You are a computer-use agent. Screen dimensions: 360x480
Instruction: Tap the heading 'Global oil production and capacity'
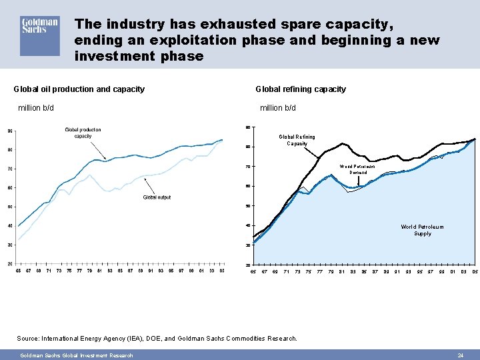click(x=79, y=89)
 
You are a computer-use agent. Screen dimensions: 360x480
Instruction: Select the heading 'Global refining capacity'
click(x=301, y=89)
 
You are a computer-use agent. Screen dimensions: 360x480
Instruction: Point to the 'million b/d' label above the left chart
click(x=35, y=108)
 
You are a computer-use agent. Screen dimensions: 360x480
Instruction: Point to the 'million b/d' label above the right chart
click(x=277, y=108)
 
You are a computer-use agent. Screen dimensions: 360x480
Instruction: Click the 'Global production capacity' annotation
click(x=83, y=133)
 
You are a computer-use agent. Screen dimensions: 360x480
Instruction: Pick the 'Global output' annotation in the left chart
click(x=157, y=197)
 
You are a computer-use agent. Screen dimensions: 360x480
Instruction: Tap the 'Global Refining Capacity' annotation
click(x=297, y=140)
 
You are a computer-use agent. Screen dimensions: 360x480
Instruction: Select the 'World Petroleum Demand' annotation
click(x=357, y=169)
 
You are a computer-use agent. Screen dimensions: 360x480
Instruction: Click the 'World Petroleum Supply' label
click(x=422, y=230)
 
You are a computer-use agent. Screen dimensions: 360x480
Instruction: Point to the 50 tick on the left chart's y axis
click(x=10, y=207)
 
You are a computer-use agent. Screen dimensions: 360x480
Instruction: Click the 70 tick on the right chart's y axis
click(x=247, y=167)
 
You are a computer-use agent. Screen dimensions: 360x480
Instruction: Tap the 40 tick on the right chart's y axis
click(x=247, y=225)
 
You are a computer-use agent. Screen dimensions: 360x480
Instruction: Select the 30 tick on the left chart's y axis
click(x=10, y=245)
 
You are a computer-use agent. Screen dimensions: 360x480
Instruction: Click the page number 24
click(x=460, y=355)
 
